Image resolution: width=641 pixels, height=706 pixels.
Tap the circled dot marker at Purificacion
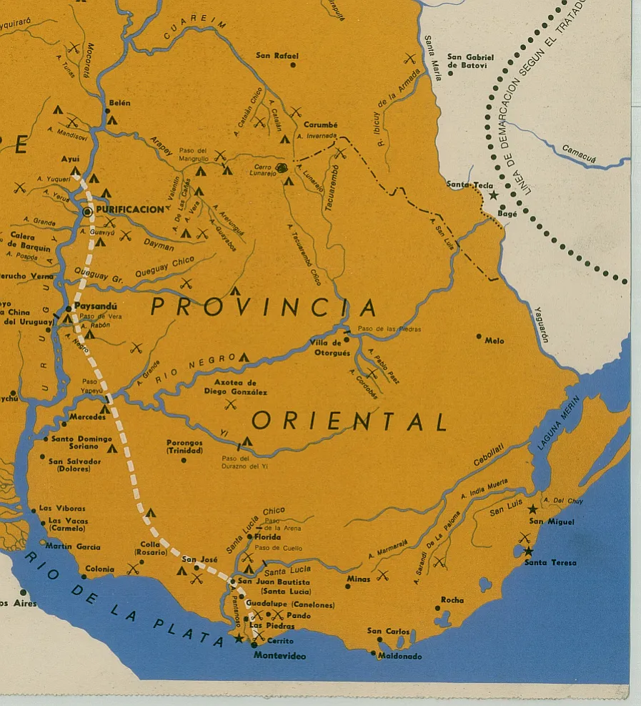coord(87,212)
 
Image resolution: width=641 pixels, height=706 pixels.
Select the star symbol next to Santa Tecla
coord(493,195)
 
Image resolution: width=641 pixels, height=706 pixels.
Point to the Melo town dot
coord(479,336)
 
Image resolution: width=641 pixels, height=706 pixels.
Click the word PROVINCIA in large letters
coord(264,308)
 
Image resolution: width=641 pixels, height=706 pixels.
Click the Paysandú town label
coord(95,306)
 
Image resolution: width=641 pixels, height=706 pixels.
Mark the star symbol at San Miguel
coord(532,509)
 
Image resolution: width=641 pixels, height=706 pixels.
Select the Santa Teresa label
coord(550,563)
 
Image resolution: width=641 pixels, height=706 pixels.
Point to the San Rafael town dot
coord(293,65)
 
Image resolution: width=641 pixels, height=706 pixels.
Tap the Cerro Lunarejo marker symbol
coord(282,168)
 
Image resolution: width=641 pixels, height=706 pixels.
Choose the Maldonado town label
coord(400,657)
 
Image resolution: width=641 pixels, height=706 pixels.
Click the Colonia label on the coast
coord(99,569)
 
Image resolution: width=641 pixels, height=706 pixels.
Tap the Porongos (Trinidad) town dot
coord(184,460)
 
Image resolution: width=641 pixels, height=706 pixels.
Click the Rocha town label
coord(452,600)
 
